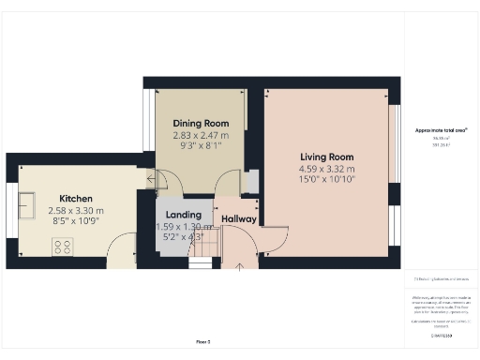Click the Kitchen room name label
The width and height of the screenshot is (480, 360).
(x=75, y=199)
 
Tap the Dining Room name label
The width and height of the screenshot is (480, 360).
(x=201, y=124)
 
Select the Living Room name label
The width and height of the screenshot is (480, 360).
(x=326, y=157)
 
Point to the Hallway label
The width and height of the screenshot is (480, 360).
(x=239, y=219)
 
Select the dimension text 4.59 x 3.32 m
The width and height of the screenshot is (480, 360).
(x=326, y=170)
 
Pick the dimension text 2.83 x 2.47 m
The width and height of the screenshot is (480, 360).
(x=201, y=136)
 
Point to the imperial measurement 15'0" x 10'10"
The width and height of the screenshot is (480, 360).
(x=326, y=180)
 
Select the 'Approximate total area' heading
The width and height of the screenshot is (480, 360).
(x=441, y=129)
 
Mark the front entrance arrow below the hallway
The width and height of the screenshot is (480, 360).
(x=239, y=267)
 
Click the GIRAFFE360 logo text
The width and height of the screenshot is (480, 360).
(x=441, y=335)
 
